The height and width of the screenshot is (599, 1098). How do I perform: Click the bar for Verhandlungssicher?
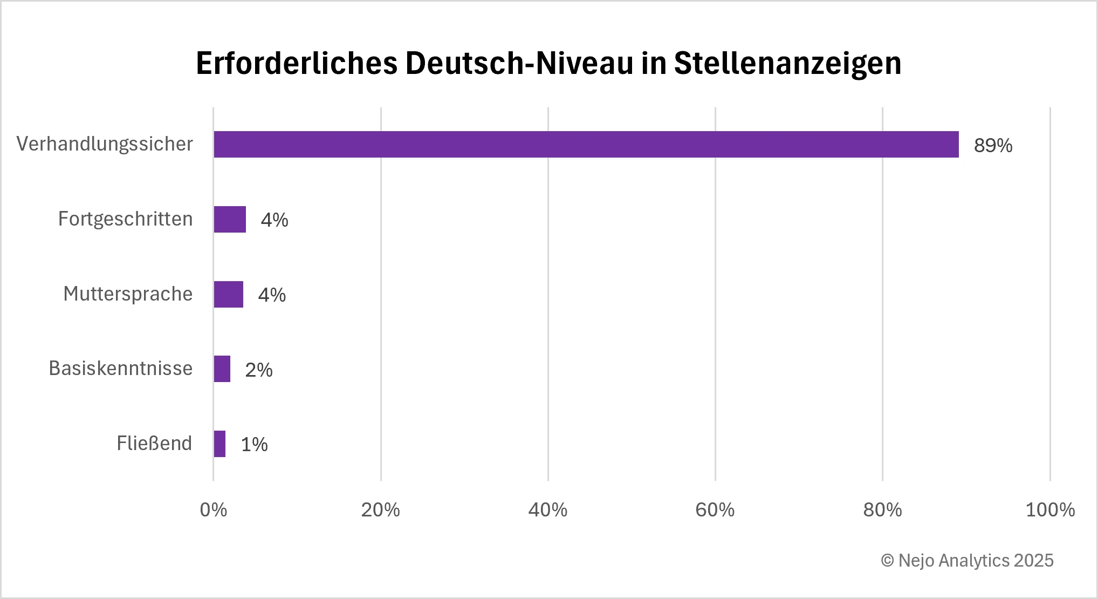point(586,144)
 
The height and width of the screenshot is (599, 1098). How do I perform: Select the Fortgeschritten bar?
point(230,219)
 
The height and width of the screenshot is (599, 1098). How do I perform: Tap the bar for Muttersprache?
point(228,294)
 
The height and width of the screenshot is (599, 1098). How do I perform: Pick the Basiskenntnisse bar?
point(222,369)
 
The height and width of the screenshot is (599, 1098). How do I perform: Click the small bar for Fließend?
point(219,444)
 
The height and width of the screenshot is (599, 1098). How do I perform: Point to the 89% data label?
point(993,146)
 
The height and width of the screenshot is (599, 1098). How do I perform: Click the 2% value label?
point(259,370)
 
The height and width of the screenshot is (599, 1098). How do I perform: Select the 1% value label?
point(254,445)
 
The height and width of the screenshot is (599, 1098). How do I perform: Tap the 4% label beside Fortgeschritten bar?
point(274,220)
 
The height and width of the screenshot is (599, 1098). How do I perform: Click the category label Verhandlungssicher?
point(105,144)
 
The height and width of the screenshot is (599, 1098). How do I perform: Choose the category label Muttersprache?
point(128,294)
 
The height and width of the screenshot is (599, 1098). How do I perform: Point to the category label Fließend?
point(154,444)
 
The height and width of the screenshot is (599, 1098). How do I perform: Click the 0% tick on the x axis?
point(213,510)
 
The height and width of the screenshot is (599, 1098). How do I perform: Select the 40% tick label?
point(547,510)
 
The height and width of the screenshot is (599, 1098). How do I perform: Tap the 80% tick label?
point(882,510)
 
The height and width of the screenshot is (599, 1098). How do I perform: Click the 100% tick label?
point(1049,510)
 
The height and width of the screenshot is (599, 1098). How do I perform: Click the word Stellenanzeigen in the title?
point(787,64)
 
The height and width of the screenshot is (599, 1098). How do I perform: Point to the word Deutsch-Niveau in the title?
point(519,64)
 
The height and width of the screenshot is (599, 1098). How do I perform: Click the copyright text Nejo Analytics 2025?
point(967,561)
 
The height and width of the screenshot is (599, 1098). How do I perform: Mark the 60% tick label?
point(715,510)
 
